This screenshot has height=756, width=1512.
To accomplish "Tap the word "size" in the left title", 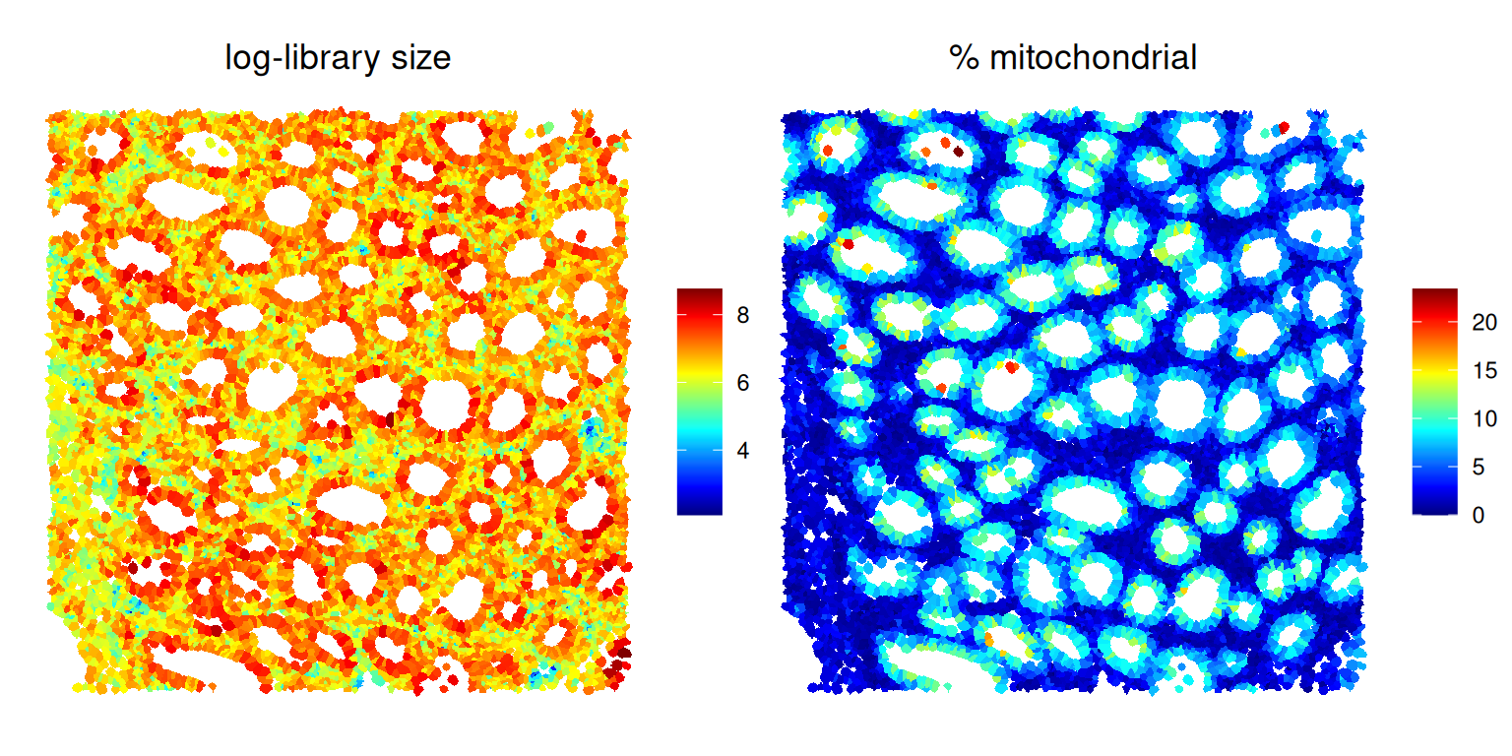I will pyautogui.click(x=418, y=59).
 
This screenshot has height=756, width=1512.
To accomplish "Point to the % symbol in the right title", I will pyautogui.click(x=963, y=59).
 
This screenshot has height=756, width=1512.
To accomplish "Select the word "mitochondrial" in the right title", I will pyautogui.click(x=1093, y=59).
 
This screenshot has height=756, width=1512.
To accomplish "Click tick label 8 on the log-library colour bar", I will pyautogui.click(x=742, y=316).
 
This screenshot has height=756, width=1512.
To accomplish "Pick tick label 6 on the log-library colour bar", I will pyautogui.click(x=742, y=383).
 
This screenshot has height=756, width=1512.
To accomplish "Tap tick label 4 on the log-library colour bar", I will pyautogui.click(x=742, y=451).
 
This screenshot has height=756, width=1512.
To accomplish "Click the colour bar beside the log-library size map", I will pyautogui.click(x=700, y=402).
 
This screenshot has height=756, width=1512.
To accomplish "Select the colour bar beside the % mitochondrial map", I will pyautogui.click(x=1434, y=402).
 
